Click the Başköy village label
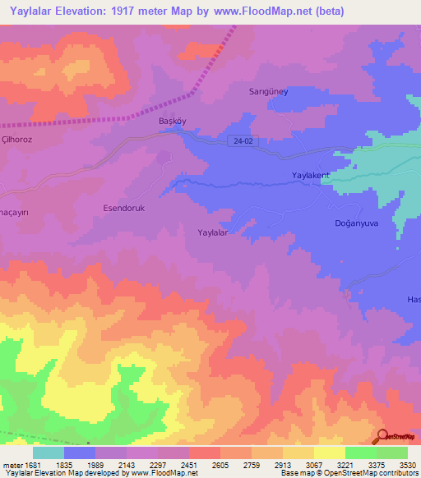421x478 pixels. click(x=172, y=122)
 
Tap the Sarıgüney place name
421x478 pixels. click(x=268, y=92)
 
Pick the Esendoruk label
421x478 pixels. click(x=123, y=209)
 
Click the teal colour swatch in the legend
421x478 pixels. click(x=48, y=453)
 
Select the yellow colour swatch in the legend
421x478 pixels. click(x=329, y=453)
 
